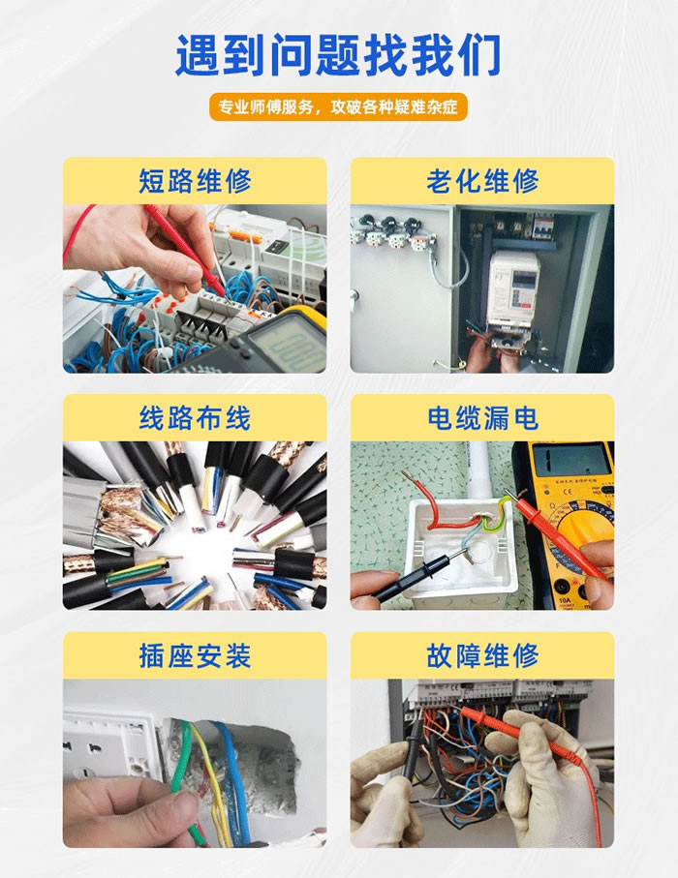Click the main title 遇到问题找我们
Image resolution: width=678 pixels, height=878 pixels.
[x=338, y=55]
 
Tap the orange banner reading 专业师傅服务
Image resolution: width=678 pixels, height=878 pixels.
[x=338, y=106]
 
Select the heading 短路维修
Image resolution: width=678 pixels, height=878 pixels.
[x=195, y=181]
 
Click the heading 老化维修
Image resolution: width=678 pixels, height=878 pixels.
[x=481, y=181]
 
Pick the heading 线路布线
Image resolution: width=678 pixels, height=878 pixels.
[x=195, y=418]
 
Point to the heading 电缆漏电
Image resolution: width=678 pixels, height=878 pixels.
[x=481, y=418]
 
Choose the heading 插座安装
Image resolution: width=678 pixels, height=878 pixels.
[x=195, y=655]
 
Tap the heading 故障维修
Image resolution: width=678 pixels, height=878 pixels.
[x=481, y=655]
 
